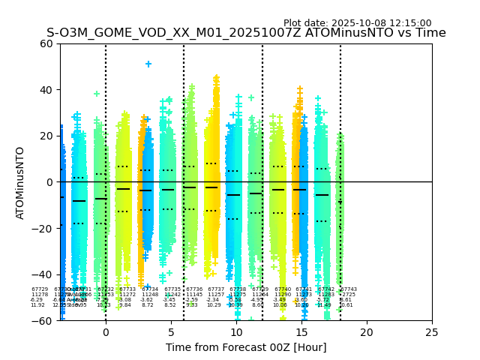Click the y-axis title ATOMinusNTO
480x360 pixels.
pos(20,182)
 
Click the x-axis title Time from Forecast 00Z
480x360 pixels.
pos(246,347)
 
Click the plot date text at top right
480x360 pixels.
pos(357,23)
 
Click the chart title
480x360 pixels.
pos(246,34)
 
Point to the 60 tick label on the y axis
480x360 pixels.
pos(46,43)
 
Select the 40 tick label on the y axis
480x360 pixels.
pos(46,90)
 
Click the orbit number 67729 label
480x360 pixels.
pos(39,289)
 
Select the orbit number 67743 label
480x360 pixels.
pos(349,289)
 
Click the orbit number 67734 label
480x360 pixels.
pos(150,289)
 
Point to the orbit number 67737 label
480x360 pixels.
pos(216,289)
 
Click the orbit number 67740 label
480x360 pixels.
pos(282,289)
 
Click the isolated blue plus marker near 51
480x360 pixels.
pos(148,64)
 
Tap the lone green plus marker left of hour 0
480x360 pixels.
pos(97,94)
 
